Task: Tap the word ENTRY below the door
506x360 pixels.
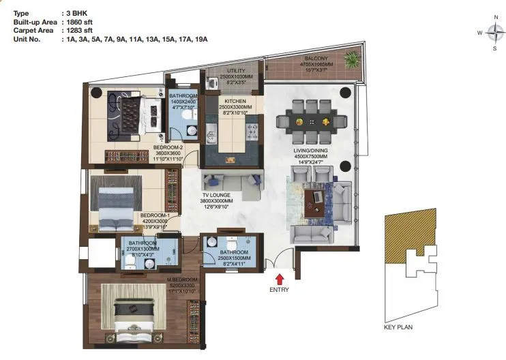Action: coord(279,290)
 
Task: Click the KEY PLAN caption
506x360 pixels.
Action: coord(399,327)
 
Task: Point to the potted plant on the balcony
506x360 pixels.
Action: coord(351,60)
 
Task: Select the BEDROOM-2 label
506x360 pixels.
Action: coord(168,147)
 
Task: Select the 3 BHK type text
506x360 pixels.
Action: coord(75,14)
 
